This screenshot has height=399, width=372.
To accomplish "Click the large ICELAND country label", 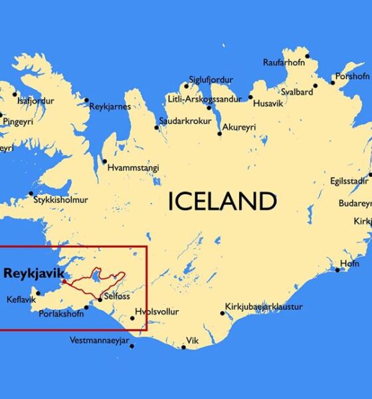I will (221, 201).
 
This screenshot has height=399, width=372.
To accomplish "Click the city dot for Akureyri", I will (220, 134).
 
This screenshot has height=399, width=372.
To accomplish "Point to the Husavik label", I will (271, 104).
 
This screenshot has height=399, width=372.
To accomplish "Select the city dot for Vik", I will (183, 346).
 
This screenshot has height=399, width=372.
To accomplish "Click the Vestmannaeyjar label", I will (100, 340).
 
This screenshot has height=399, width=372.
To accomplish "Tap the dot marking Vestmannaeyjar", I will (132, 346).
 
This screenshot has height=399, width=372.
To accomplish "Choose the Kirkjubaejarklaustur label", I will (264, 307).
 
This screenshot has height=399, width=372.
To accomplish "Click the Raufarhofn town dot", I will (307, 56).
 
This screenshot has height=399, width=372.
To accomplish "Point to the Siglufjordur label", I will (211, 79).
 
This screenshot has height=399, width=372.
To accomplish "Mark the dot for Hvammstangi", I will (104, 160).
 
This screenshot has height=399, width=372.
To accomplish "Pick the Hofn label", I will (349, 264).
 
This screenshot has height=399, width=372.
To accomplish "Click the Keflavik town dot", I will (38, 293).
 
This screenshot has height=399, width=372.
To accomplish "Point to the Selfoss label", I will (116, 297).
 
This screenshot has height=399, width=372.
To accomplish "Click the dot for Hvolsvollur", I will (132, 318).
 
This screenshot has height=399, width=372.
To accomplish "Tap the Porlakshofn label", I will (62, 313).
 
